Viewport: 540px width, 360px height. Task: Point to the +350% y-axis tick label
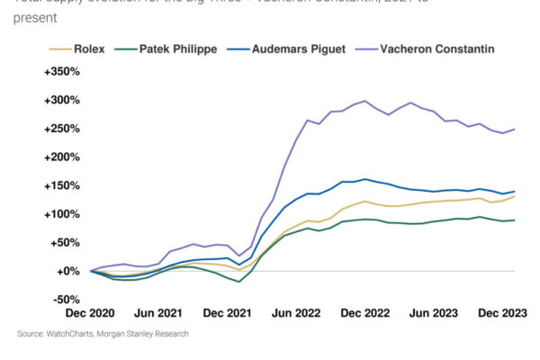click(61, 71)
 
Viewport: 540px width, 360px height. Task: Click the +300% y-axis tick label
click(61, 100)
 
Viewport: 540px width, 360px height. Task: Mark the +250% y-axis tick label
click(61, 129)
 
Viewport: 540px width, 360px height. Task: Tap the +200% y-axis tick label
click(61, 157)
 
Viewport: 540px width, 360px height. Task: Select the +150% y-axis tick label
click(61, 185)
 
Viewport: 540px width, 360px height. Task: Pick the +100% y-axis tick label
click(61, 214)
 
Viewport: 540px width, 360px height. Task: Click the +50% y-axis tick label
click(65, 242)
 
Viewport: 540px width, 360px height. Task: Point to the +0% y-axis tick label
click(67, 271)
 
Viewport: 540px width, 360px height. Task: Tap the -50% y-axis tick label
click(66, 300)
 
